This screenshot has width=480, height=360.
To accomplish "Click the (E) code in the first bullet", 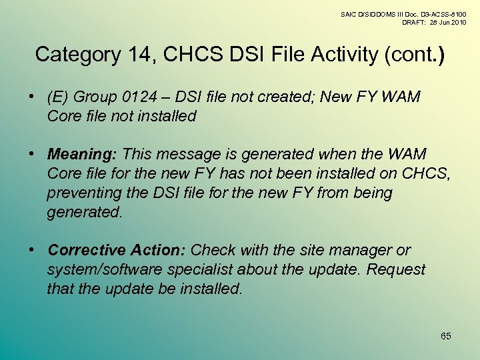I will [58, 97].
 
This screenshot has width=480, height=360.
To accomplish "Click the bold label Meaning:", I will [83, 154].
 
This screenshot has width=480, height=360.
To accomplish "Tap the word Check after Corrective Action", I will [211, 250].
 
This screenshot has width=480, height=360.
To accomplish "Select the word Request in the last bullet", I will [396, 269].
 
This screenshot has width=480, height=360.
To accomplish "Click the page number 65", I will [445, 336].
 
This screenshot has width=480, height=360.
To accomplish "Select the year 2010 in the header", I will [457, 22].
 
